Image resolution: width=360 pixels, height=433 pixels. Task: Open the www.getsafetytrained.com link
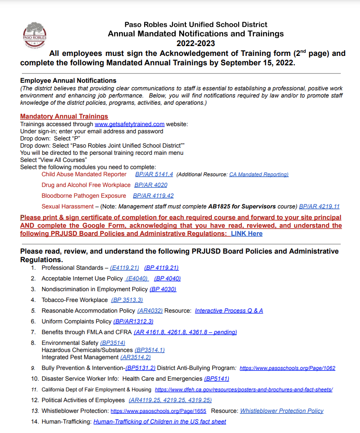129,124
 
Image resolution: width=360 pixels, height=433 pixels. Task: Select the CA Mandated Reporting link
259,174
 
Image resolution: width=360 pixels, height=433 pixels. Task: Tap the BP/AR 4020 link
151,185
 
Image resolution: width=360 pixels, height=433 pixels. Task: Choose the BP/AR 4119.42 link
153,196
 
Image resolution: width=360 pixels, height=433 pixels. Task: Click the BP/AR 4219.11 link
319,207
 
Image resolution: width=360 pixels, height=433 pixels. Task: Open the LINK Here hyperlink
247,233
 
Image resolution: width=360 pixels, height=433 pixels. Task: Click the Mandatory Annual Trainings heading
64,116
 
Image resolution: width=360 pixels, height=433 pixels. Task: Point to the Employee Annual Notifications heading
68,81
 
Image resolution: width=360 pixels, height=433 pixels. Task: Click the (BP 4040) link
167,279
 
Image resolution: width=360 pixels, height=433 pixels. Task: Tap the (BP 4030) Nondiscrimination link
163,289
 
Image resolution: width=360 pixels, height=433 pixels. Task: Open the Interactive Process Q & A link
229,310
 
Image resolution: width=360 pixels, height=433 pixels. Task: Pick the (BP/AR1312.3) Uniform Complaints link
133,321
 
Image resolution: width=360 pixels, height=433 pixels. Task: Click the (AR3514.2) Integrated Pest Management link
136,357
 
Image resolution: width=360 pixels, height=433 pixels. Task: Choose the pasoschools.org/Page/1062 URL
287,369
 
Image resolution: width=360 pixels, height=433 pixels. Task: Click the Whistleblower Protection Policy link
282,411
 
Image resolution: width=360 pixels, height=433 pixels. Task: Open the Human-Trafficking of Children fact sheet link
159,421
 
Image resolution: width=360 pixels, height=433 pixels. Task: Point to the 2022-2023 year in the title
196,43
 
